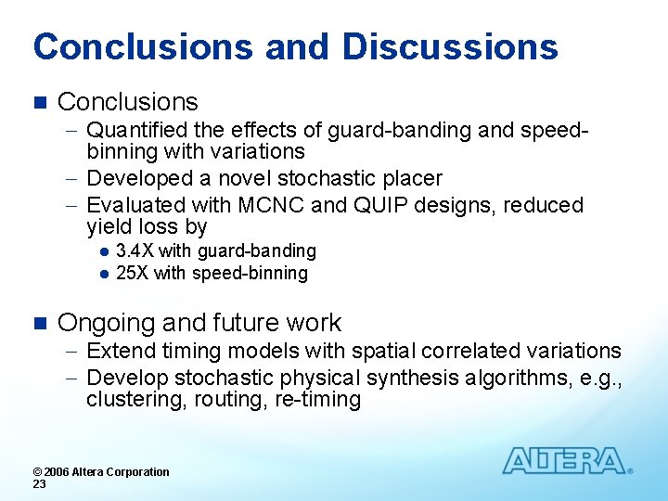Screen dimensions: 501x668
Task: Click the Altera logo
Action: (565, 461)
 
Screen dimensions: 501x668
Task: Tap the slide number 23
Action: (39, 484)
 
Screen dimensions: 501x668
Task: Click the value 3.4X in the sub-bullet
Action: (135, 251)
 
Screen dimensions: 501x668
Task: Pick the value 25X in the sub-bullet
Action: (133, 274)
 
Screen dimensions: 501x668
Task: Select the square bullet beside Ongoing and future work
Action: (38, 323)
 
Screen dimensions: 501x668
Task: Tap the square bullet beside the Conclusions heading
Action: (38, 102)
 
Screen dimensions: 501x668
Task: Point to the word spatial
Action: (379, 351)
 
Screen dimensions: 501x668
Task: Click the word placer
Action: (412, 178)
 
